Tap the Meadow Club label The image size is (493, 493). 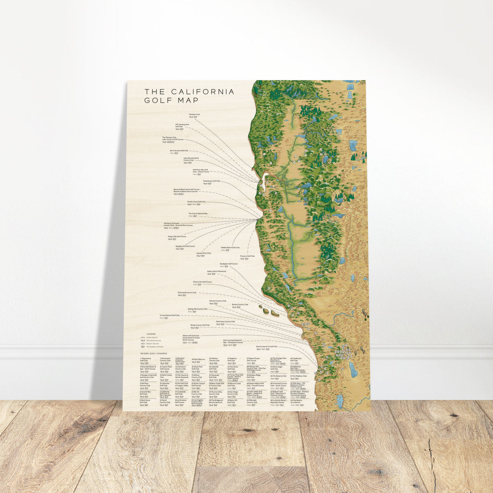click(x=195, y=115)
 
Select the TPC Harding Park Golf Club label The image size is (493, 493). click(x=182, y=126)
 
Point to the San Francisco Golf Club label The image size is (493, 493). click(x=179, y=150)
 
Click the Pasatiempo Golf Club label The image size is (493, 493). click(x=211, y=181)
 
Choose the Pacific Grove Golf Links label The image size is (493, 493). click(x=196, y=201)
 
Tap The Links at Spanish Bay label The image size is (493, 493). click(x=198, y=213)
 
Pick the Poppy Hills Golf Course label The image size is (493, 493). click(x=177, y=236)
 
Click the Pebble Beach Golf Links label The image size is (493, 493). click(x=230, y=247)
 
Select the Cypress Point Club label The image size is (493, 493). click(x=204, y=253)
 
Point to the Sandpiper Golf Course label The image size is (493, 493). click(x=228, y=263)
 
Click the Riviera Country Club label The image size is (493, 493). click(x=240, y=304)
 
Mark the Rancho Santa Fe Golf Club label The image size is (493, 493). click(x=266, y=346)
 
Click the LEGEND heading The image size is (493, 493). click(x=151, y=334)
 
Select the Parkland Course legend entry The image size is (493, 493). click(x=155, y=340)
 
